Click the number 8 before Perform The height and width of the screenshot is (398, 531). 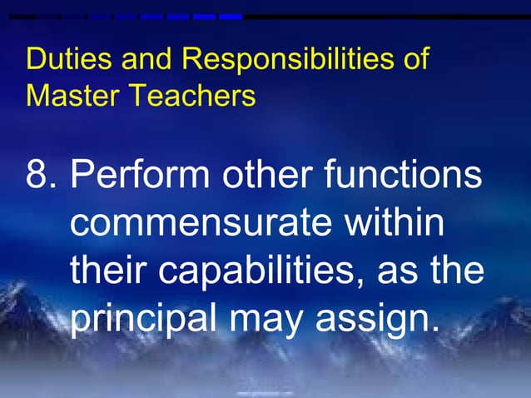tap(37, 177)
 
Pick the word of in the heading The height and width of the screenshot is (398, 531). tap(415, 61)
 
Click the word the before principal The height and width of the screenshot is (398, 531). tap(462, 271)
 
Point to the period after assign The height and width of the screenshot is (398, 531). tap(433, 330)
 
